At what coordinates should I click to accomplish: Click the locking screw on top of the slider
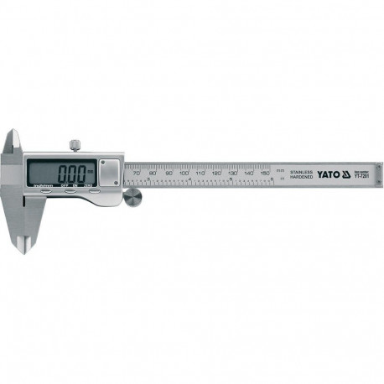75,147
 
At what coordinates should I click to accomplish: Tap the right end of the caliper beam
376,175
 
